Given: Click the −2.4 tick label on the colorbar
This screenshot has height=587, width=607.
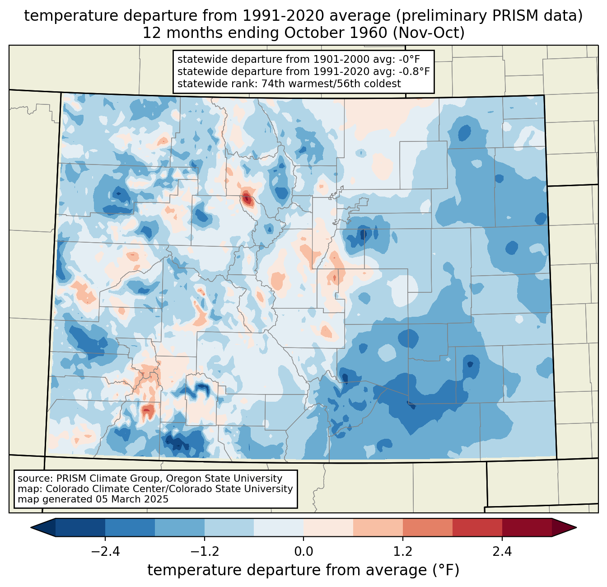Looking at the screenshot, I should (x=105, y=552).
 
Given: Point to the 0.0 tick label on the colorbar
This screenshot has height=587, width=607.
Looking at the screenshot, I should (x=303, y=552).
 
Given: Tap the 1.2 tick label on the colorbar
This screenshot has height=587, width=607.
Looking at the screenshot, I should (x=403, y=552).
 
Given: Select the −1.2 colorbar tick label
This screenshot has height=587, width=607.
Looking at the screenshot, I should (x=204, y=552).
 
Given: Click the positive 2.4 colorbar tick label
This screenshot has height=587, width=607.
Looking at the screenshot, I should (x=502, y=552).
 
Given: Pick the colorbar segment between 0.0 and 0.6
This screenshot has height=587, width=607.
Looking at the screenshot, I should (x=328, y=527).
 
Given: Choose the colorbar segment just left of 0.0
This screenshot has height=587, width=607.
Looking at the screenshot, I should (x=279, y=527).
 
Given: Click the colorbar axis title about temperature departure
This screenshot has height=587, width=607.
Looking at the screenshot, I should (x=303, y=570).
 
